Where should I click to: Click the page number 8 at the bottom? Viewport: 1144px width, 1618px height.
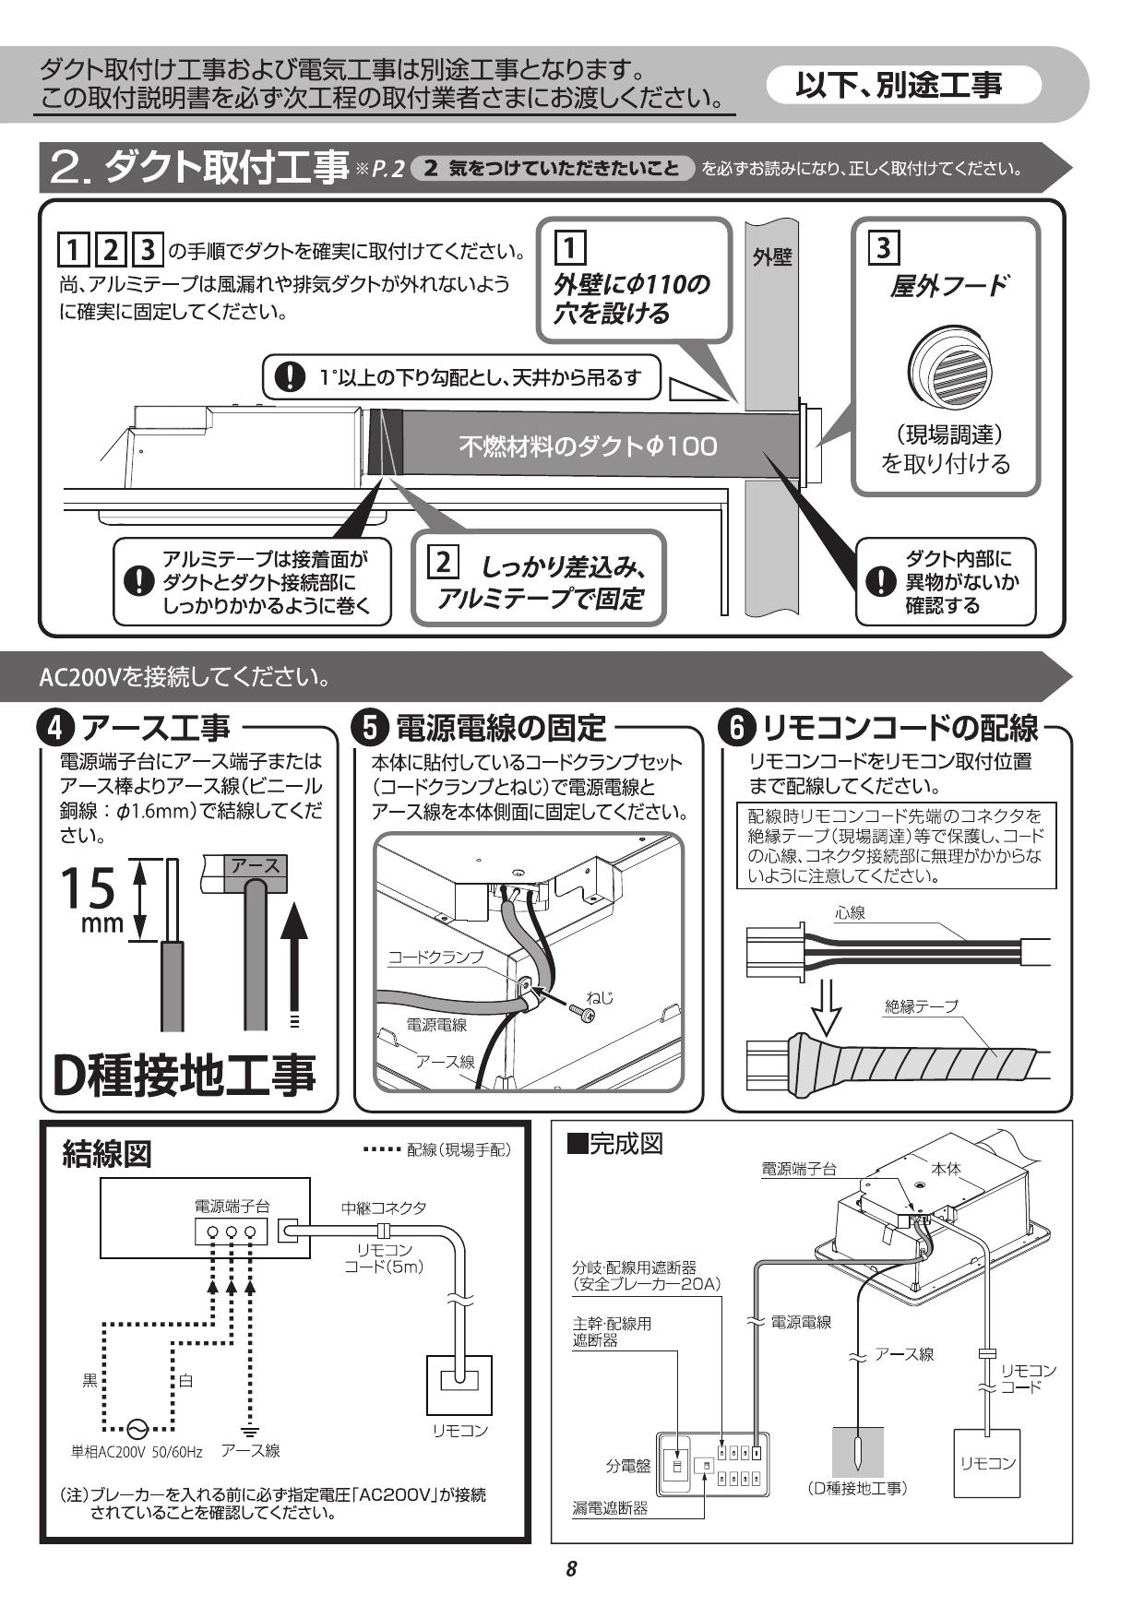(571, 1569)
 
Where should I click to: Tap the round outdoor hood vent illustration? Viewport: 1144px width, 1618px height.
(947, 365)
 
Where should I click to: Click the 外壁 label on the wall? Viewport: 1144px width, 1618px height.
(771, 257)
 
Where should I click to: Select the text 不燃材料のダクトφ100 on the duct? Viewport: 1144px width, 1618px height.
(588, 446)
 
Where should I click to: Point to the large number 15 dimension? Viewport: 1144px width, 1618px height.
(89, 887)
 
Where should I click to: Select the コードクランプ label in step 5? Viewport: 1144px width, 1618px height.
(435, 958)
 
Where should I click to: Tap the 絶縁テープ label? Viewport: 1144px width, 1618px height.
(921, 1006)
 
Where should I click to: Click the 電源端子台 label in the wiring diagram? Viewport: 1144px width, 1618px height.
(232, 1206)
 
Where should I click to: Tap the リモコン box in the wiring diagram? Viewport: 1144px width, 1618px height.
(459, 1385)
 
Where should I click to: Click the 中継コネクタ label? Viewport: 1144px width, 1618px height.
(384, 1208)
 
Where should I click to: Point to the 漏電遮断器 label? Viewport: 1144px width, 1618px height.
(610, 1508)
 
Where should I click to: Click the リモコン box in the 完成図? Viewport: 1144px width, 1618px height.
(987, 1463)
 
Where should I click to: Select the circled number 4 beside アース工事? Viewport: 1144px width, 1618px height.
(55, 729)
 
